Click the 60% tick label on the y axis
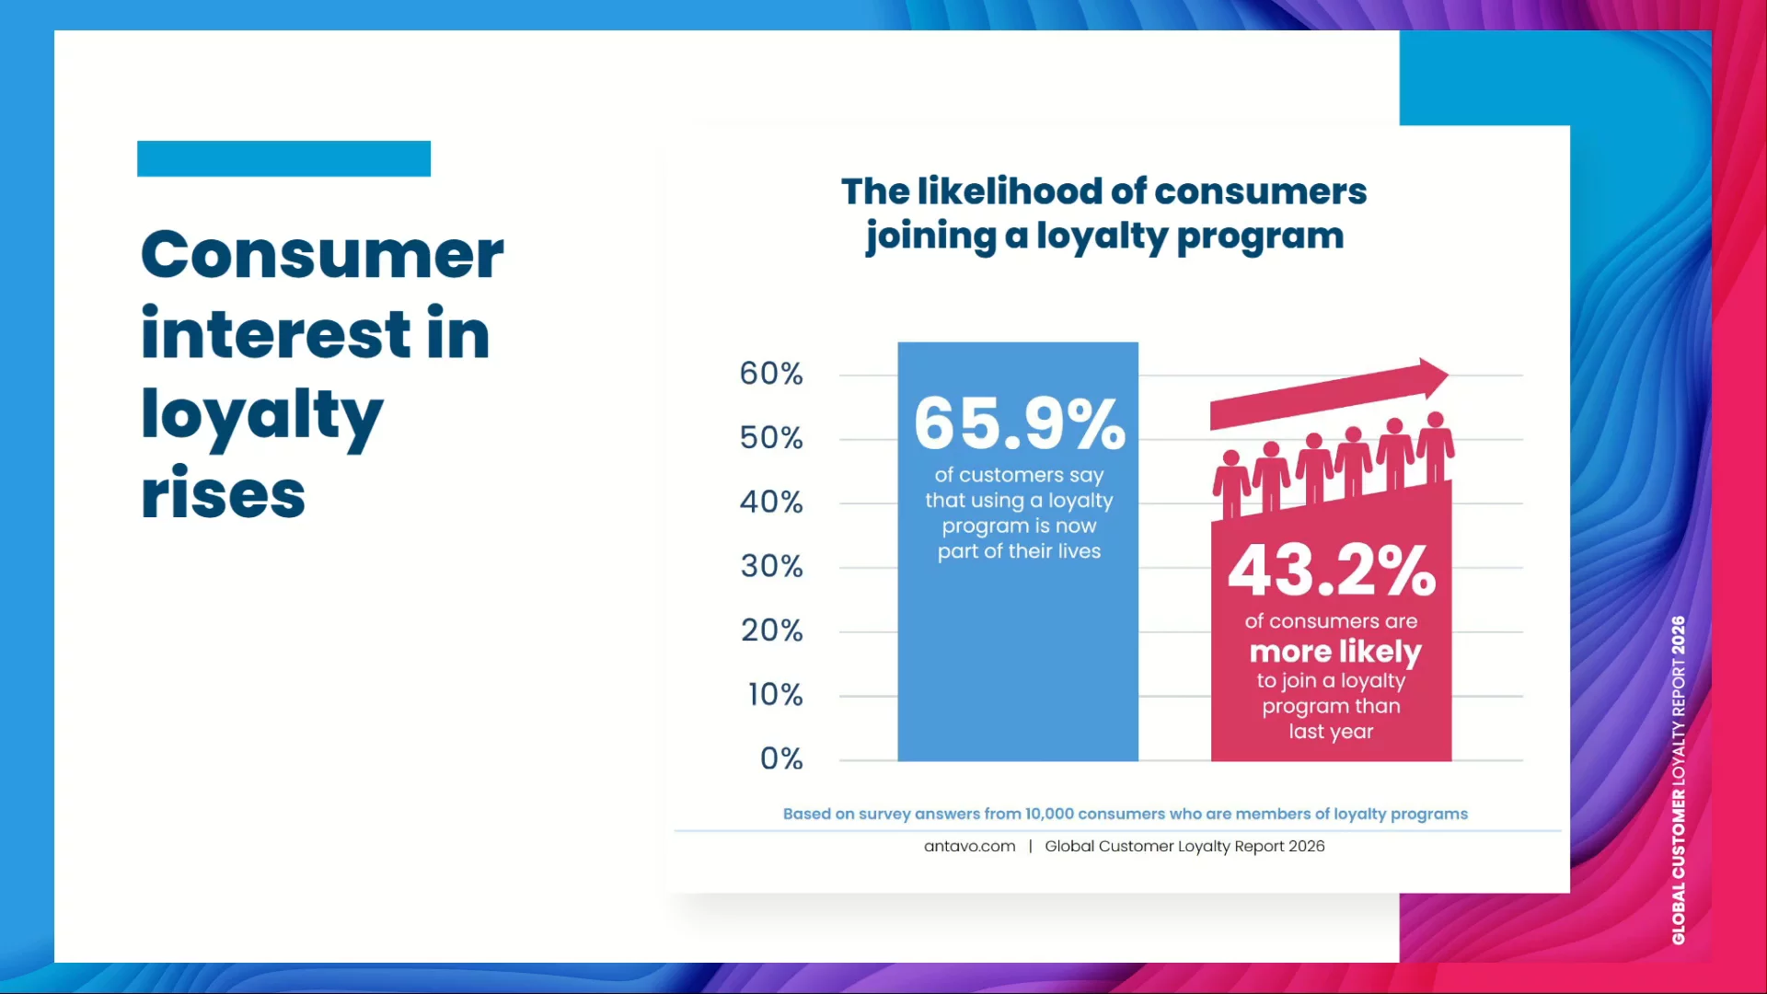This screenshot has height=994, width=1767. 771,374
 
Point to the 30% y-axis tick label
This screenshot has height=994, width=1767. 771,566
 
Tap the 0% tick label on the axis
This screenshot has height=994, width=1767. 781,758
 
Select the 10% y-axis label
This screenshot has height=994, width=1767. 775,694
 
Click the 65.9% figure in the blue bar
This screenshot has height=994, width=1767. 1019,423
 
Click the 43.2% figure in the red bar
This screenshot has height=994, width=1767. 1332,571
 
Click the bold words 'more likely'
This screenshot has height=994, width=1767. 1335,652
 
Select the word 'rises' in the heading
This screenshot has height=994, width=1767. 223,493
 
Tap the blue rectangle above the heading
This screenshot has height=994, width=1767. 283,158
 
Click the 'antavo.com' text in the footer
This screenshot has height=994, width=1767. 969,846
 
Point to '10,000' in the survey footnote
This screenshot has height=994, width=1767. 1049,814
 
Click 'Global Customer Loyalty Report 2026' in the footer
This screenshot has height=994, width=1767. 1184,846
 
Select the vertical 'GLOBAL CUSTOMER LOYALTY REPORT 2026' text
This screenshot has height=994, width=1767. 1679,780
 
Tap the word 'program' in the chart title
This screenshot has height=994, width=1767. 1260,237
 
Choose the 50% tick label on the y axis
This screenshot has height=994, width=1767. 771,438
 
